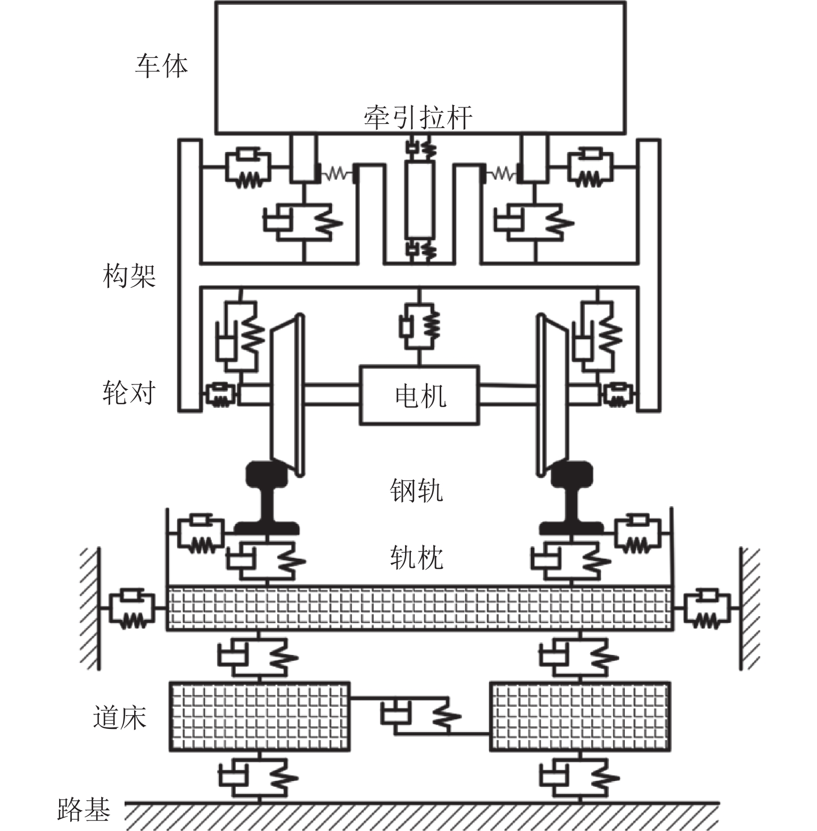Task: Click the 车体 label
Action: pos(161,66)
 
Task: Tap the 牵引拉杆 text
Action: pos(418,117)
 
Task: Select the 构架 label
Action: pos(129,276)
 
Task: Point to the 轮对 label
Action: pos(129,393)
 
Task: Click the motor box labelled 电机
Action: pos(419,395)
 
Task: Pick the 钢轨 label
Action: pos(416,490)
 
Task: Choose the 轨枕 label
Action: pos(416,558)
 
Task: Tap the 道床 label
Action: pos(120,717)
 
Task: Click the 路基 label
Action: pos(84,810)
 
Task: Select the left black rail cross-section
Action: pos(266,500)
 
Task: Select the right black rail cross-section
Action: pos(572,500)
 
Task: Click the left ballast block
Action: pos(259,716)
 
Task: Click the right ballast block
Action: pos(579,716)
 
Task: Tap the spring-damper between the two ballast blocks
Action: pos(420,716)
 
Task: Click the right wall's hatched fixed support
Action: pos(749,609)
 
